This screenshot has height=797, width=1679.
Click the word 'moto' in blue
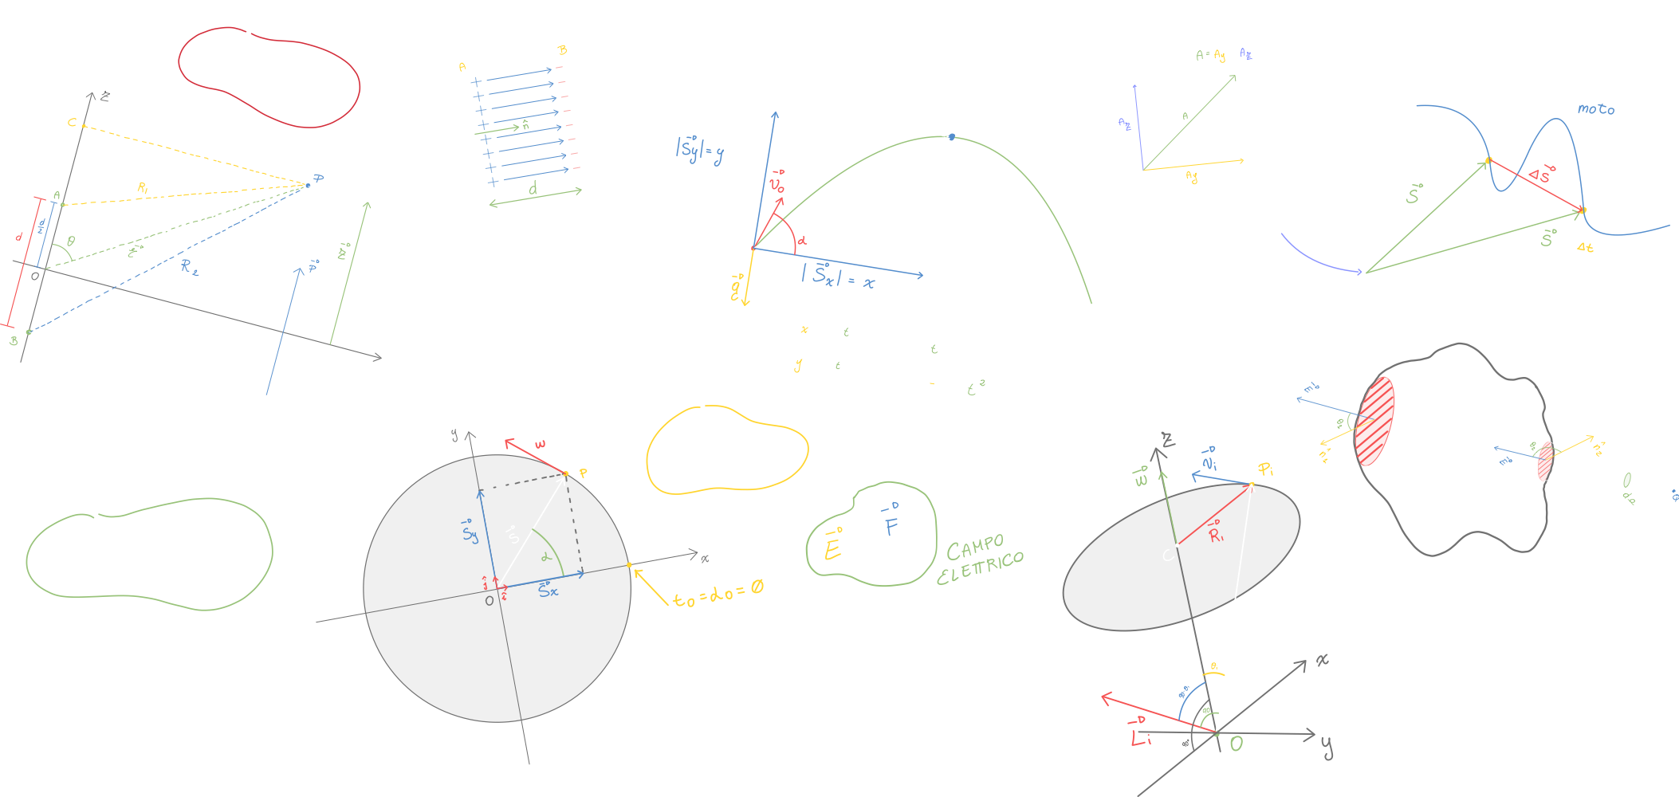[1595, 109]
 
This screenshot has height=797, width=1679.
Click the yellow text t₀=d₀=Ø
[718, 594]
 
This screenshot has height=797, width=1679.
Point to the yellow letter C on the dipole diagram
[72, 123]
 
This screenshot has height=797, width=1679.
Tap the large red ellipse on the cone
[1375, 422]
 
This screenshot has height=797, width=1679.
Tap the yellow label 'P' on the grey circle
[584, 473]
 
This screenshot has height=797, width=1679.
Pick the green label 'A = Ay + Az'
[1223, 55]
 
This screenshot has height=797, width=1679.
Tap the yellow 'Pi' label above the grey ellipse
[1265, 469]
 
